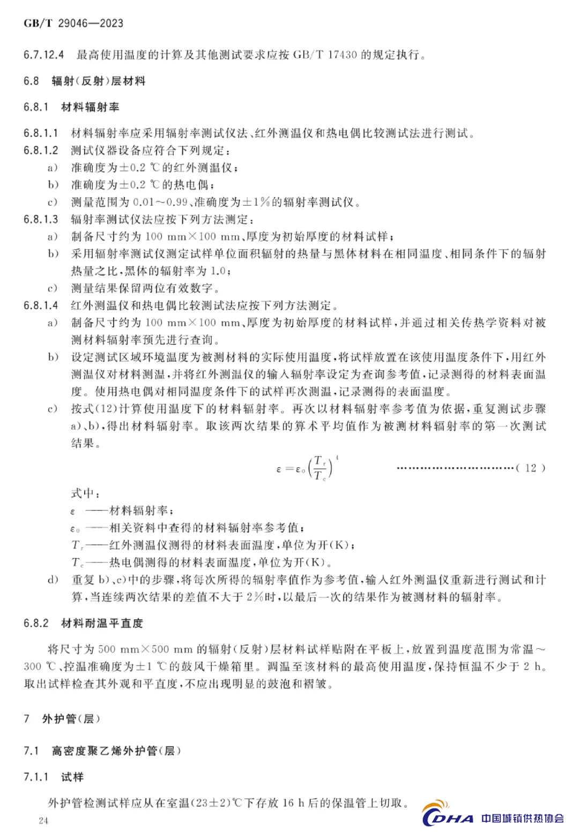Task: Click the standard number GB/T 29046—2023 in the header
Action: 73,23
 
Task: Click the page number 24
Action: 43,821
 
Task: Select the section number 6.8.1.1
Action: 41,133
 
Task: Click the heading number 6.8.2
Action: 36,624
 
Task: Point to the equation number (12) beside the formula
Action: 531,468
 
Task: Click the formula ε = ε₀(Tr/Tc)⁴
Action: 307,468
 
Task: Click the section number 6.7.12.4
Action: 44,55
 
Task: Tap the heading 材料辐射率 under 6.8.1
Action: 90,107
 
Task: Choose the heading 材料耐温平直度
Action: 102,624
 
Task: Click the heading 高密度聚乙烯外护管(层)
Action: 116,751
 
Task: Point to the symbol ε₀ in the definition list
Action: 75,529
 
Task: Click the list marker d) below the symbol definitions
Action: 53,580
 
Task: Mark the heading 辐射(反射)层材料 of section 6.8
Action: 99,81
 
